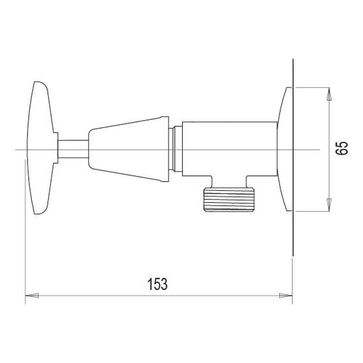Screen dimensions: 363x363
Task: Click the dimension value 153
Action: (x=157, y=284)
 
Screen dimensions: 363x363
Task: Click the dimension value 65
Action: (x=342, y=148)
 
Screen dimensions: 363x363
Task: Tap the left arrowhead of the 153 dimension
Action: (x=32, y=296)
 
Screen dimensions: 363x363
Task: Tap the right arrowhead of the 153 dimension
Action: (x=286, y=296)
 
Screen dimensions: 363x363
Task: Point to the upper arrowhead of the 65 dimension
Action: (x=329, y=94)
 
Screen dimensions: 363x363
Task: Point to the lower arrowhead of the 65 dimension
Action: (x=329, y=205)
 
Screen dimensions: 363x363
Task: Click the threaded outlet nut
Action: (x=229, y=199)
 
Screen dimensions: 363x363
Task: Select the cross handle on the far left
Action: (x=42, y=148)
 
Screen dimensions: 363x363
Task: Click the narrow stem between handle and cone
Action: (x=73, y=149)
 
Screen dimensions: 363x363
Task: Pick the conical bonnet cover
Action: (x=129, y=149)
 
